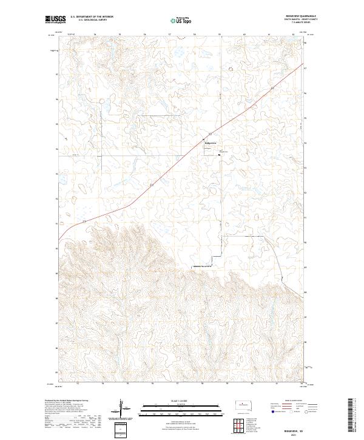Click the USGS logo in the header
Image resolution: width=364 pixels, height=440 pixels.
55,19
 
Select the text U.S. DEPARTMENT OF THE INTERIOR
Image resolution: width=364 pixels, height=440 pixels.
92,17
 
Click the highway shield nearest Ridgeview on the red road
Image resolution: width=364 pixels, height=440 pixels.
210,134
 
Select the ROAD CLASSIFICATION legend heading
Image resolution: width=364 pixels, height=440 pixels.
289,402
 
